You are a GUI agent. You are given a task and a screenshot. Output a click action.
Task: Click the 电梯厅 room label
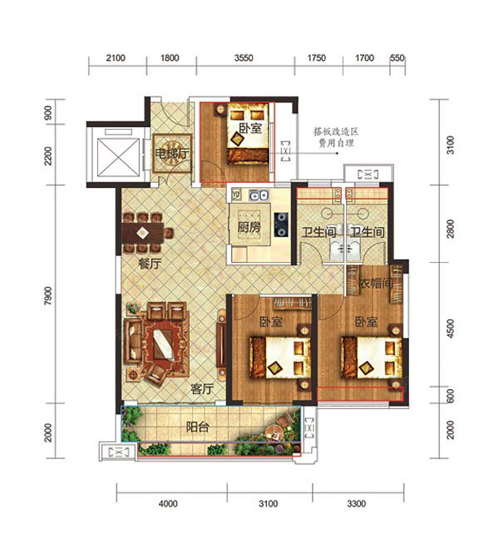171,153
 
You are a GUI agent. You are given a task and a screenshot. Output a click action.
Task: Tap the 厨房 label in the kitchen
249,227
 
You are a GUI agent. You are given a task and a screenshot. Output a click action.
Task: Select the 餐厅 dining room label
150,264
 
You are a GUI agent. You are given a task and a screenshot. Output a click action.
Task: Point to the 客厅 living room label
202,389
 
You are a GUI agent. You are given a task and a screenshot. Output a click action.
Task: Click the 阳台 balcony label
197,427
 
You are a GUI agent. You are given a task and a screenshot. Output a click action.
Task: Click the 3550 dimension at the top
244,58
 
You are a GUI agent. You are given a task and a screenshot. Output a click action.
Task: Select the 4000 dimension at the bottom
168,503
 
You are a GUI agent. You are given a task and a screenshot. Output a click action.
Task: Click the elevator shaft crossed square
118,157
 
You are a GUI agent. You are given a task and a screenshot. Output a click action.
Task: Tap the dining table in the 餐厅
143,233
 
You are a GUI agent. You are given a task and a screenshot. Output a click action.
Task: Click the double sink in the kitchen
258,195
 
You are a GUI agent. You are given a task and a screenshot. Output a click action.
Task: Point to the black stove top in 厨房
281,224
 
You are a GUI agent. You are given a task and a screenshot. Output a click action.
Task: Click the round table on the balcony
276,432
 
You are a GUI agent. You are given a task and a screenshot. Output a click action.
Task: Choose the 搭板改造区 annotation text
335,132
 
